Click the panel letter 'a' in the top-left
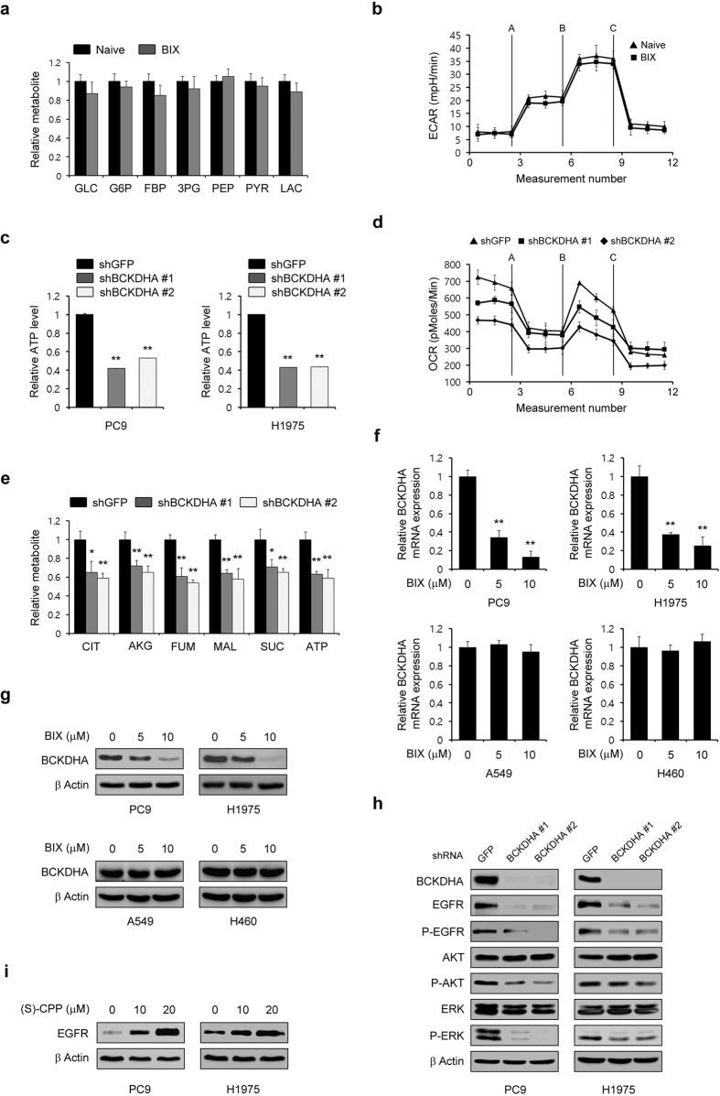tap(7, 8)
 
